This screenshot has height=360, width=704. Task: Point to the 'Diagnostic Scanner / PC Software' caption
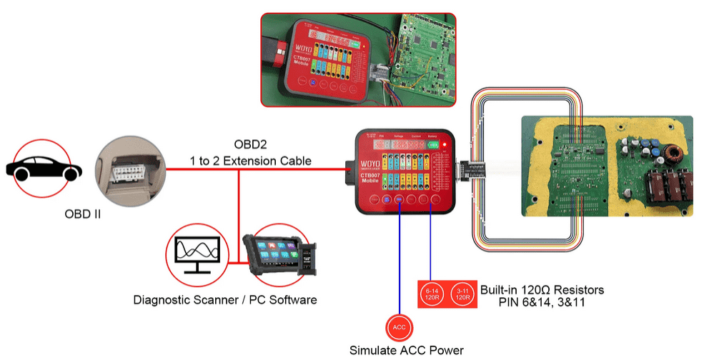(x=225, y=300)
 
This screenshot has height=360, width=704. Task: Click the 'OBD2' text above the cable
(x=249, y=145)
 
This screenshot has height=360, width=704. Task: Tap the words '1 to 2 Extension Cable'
(x=249, y=161)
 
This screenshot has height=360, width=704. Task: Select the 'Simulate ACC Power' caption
(x=406, y=350)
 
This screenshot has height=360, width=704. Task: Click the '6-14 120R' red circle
(x=434, y=294)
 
